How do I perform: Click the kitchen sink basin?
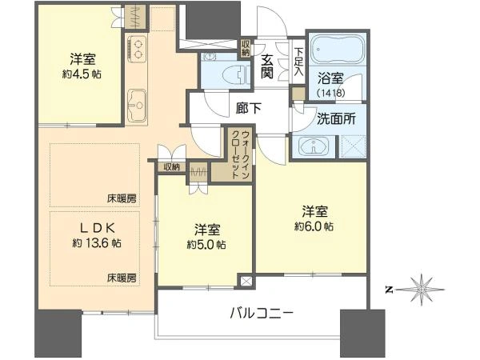[x=137, y=106]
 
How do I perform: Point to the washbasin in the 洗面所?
[x=314, y=145]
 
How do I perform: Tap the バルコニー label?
[x=262, y=313]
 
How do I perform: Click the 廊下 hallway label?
[x=249, y=108]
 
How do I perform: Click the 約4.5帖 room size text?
[x=82, y=74]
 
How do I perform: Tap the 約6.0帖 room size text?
[x=314, y=226]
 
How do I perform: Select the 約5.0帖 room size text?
[x=206, y=245]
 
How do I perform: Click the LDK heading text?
[x=97, y=227]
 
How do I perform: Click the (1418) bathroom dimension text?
[x=330, y=93]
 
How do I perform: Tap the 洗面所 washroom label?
[x=336, y=118]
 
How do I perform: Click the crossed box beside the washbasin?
[x=353, y=146]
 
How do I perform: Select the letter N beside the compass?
[x=389, y=290]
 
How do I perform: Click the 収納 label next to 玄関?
[x=246, y=48]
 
